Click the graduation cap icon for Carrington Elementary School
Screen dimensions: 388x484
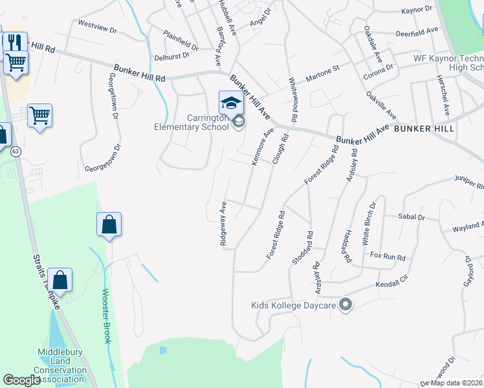[x=231, y=102]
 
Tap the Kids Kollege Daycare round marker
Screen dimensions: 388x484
[x=345, y=304]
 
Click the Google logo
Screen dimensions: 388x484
[x=21, y=380]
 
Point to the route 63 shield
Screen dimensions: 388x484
[x=16, y=151]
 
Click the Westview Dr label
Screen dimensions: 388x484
[x=96, y=30]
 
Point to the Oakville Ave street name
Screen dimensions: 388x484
[x=380, y=103]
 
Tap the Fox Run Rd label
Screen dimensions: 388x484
[x=388, y=257]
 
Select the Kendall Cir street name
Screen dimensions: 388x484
[x=393, y=284]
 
